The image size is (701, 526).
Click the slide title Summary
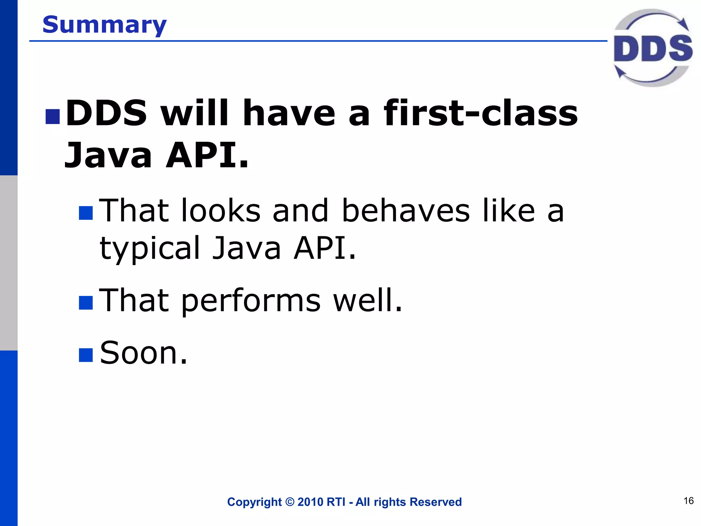click(x=104, y=25)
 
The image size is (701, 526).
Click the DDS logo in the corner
click(x=653, y=48)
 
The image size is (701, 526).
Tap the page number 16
click(x=688, y=501)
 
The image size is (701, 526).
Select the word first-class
click(x=481, y=113)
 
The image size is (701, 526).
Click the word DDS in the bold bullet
click(x=106, y=113)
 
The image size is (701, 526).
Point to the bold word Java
click(x=108, y=156)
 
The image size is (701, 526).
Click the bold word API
click(x=207, y=156)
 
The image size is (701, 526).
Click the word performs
click(x=251, y=301)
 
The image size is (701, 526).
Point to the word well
click(x=368, y=301)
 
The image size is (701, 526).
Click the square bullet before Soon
click(x=86, y=355)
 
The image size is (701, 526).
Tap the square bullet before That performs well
click(x=86, y=303)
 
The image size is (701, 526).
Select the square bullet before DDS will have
click(x=53, y=116)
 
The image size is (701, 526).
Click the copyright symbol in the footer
click(x=290, y=502)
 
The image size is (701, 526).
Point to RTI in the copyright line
click(x=336, y=502)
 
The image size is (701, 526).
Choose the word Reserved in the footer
click(x=435, y=502)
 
